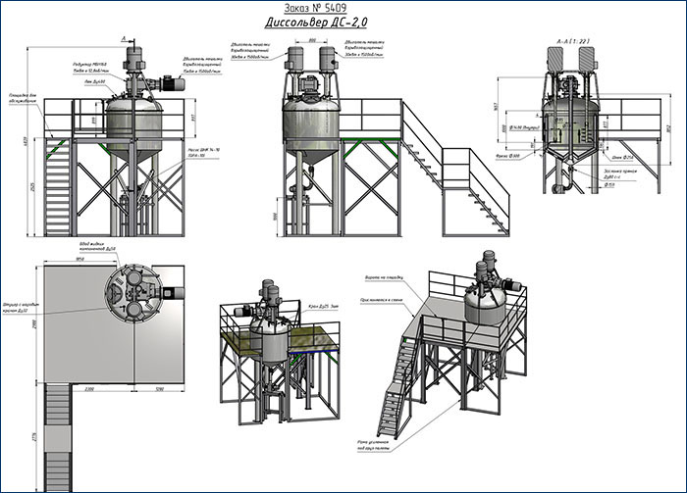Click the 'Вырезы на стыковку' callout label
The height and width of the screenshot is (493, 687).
[x=382, y=278]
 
